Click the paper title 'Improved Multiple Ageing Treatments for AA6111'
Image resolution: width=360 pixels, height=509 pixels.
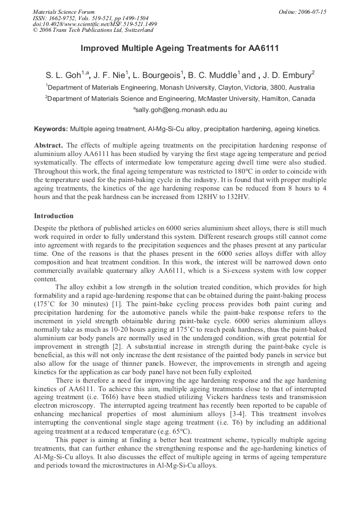point(180,48)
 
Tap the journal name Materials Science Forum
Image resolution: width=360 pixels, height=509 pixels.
point(64,12)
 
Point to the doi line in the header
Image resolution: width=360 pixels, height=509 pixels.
point(95,24)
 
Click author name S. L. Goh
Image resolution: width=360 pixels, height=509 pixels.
point(64,75)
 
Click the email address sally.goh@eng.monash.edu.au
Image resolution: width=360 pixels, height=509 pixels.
point(180,110)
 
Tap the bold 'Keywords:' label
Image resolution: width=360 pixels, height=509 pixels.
point(51,129)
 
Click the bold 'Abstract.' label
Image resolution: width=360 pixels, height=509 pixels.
point(49,145)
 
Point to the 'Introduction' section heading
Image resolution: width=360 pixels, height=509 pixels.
point(54,216)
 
